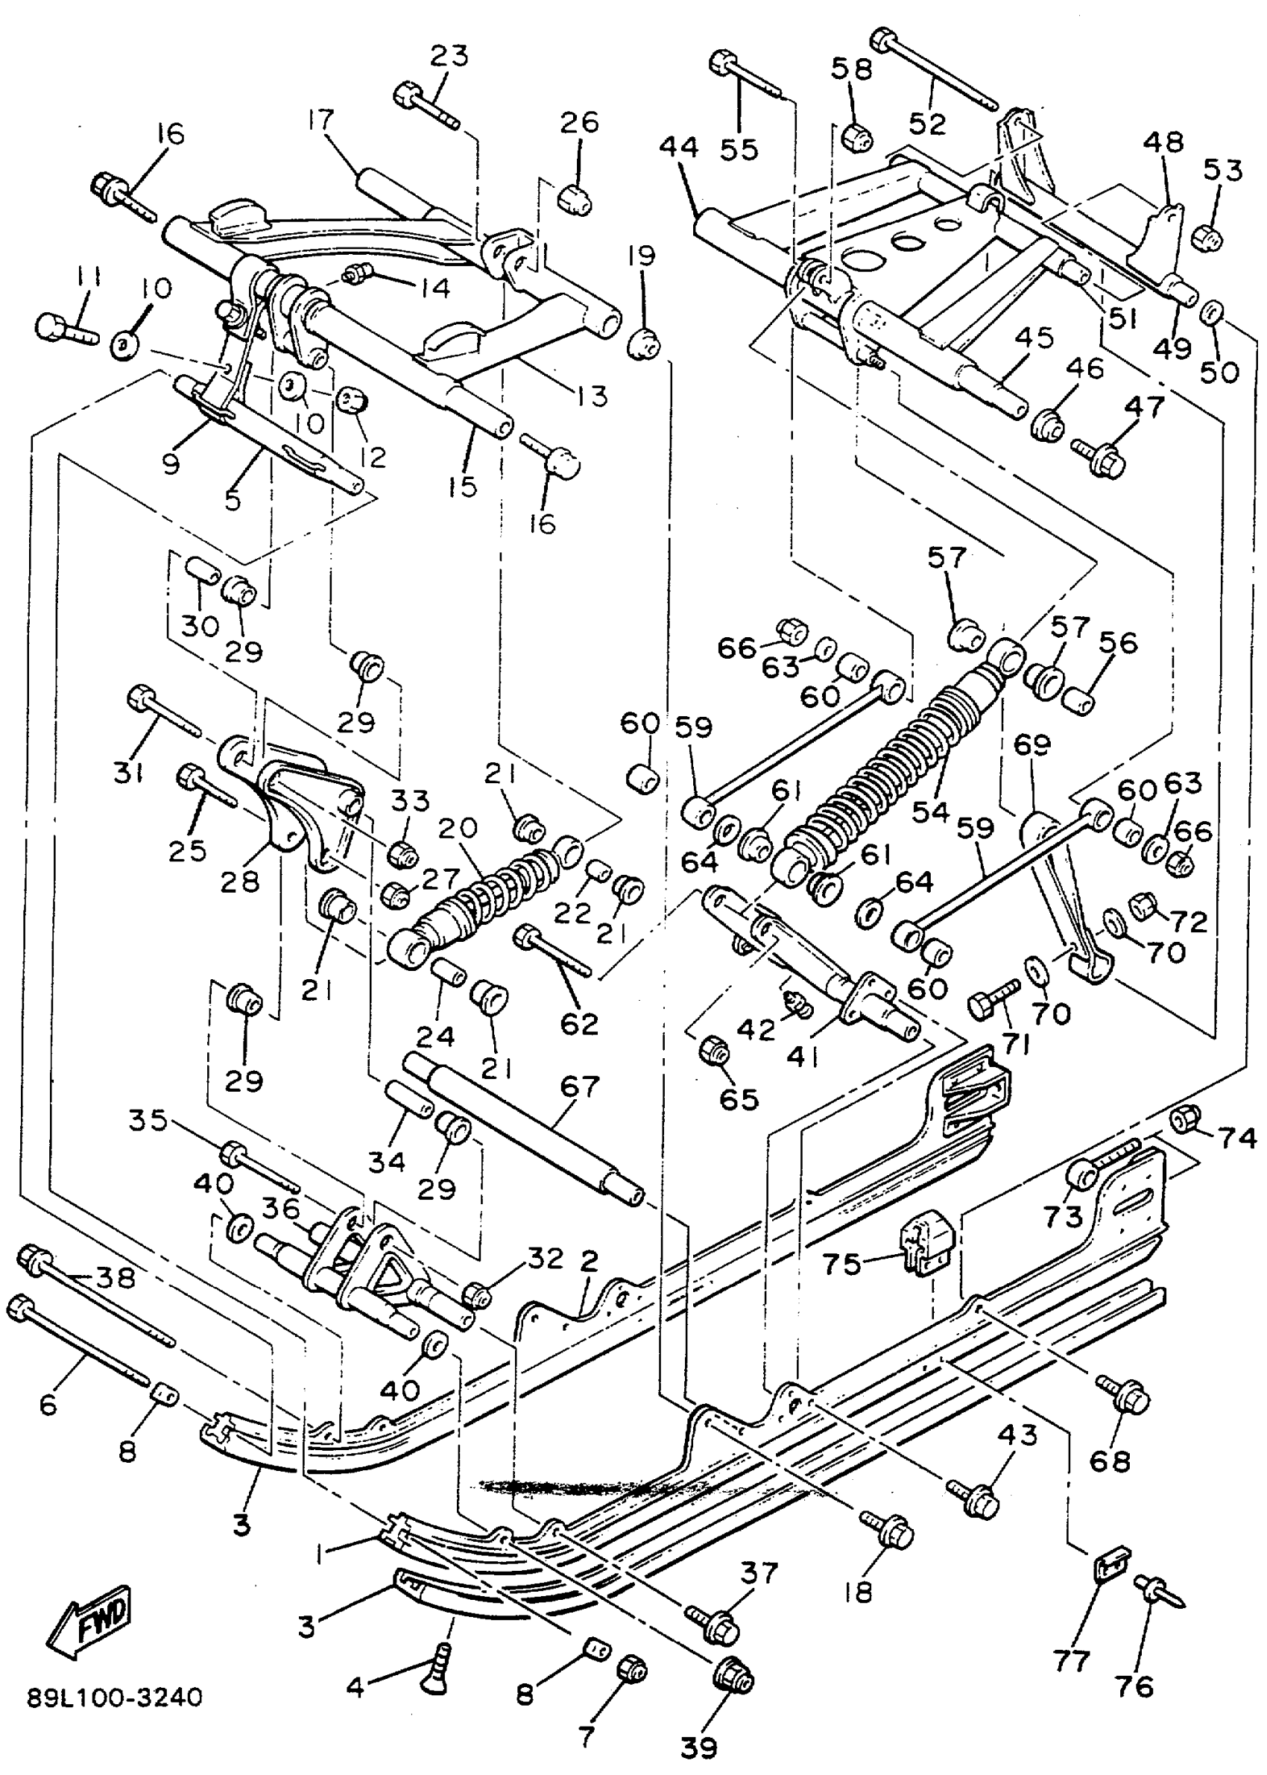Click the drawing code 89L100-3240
pos(115,1697)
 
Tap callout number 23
pos(449,56)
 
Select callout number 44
pos(678,148)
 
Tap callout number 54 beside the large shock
pos(931,811)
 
